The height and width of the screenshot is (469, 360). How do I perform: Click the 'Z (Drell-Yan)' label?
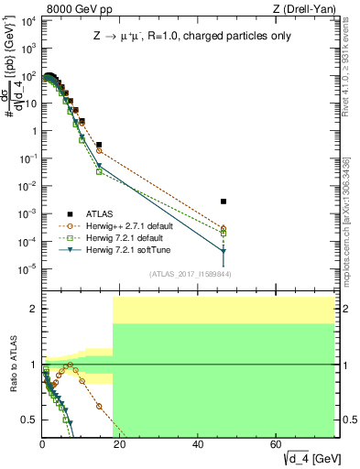coord(302,8)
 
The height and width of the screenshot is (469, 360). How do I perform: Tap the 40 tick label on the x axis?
coord(198,445)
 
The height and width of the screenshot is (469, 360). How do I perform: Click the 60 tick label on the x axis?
coord(276,445)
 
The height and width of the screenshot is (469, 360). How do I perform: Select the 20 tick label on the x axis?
coord(120,445)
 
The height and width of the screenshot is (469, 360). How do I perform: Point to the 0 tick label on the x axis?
coord(42,445)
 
